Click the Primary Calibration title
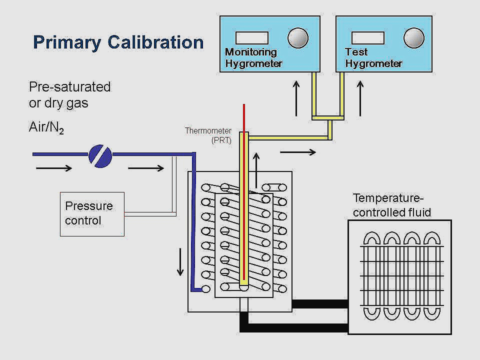pos(118,42)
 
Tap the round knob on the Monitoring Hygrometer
pos(298,38)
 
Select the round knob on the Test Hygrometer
pos(413,38)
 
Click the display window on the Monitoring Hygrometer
pos(252,38)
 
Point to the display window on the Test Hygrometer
pos(368,38)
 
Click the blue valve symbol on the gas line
pos(100,155)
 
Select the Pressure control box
pos(92,213)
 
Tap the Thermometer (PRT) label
pos(208,135)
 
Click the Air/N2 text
pos(46,128)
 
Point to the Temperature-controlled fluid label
pos(391,205)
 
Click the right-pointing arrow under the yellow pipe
pos(298,151)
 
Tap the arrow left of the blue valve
pos(54,168)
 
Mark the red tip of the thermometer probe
pos(243,116)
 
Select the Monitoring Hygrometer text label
pos(253,58)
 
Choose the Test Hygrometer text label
pos(373,58)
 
